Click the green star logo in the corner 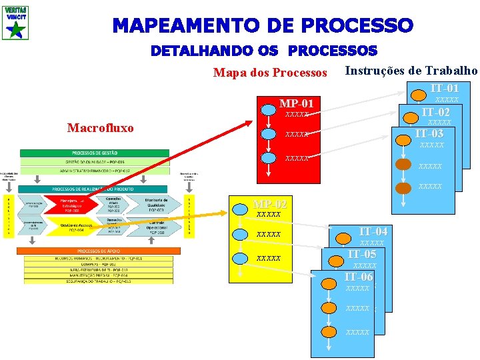(x=15, y=27)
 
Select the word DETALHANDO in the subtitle (x=194, y=51)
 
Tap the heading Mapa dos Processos (x=270, y=73)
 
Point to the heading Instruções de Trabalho (x=411, y=71)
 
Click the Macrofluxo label (x=101, y=127)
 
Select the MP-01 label (x=296, y=103)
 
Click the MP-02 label (x=270, y=204)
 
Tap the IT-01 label (x=444, y=88)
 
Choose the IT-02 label (x=436, y=112)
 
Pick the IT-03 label (x=429, y=134)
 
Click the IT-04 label (x=373, y=232)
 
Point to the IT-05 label (x=362, y=255)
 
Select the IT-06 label (x=358, y=277)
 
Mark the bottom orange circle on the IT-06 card (x=329, y=331)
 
